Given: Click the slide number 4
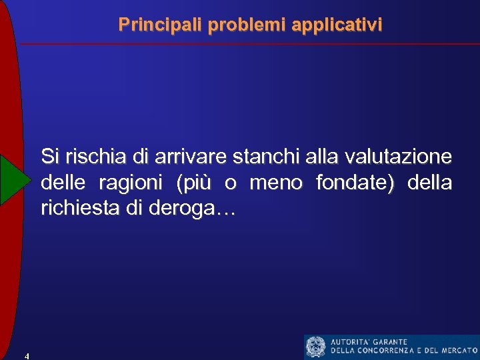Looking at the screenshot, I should click(x=26, y=355).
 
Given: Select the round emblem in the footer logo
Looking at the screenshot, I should click(x=316, y=347).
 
